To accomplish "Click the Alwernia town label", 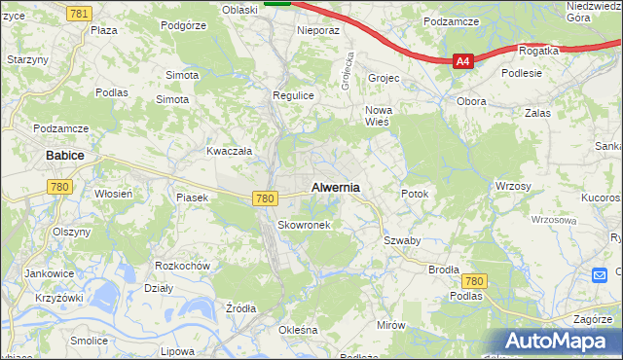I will [335, 187].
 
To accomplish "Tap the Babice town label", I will [64, 155].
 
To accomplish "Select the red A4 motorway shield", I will [463, 61].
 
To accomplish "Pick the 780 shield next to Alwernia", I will [265, 198].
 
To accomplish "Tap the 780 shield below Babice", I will [60, 186].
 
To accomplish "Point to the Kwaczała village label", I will [229, 151].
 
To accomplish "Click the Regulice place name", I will [292, 95].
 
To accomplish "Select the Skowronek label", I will [305, 225].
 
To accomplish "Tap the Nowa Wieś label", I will [377, 116].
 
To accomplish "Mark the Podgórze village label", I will [184, 26].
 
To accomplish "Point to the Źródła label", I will [240, 308].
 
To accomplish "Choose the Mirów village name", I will [391, 325].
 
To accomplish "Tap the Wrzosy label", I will [512, 186].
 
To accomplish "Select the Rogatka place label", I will [538, 51].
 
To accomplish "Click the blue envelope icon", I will [601, 275].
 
